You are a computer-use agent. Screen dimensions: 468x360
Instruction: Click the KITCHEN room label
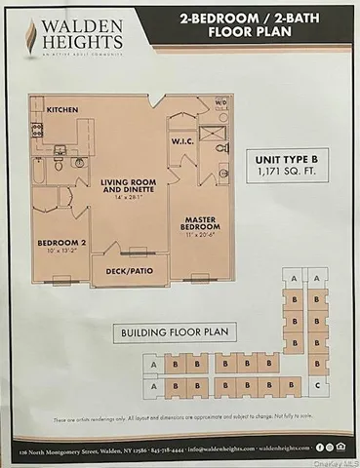62,110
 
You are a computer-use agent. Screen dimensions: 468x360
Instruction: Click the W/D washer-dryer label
220,102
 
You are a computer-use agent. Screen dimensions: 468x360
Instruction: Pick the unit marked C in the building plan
319,385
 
